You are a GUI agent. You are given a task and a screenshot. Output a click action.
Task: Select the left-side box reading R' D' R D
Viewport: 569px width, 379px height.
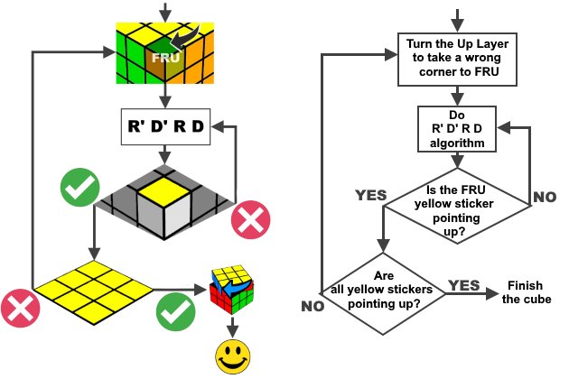tap(164, 127)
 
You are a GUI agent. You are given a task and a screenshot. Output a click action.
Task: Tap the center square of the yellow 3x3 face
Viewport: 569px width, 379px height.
tap(94, 290)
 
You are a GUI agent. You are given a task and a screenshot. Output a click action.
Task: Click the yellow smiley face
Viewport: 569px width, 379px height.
tap(232, 356)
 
